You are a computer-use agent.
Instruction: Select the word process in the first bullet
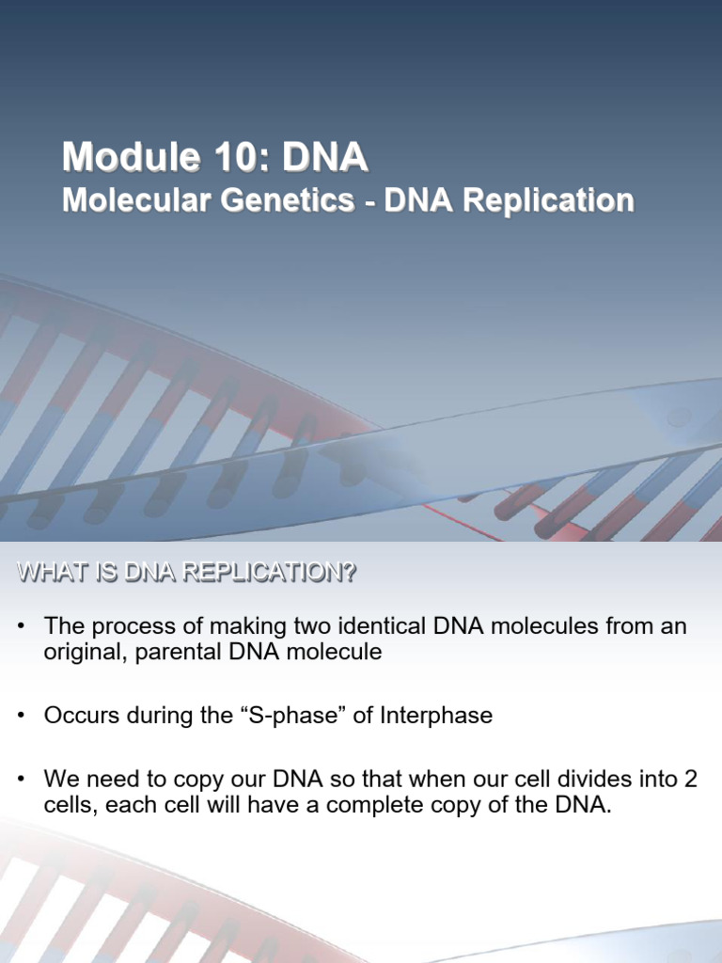(x=128, y=627)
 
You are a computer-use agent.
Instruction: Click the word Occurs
(x=78, y=715)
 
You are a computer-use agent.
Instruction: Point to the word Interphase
(x=436, y=715)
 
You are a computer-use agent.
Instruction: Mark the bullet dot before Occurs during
(x=21, y=716)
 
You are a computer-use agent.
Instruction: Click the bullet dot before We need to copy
(x=21, y=780)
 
